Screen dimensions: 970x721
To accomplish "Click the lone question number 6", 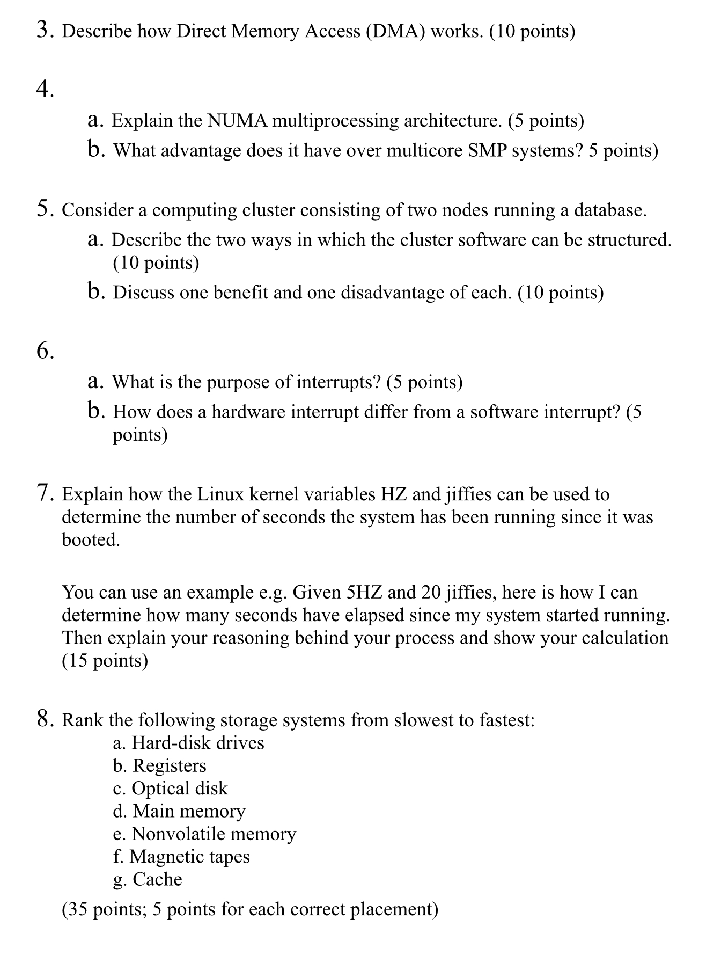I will pyautogui.click(x=45, y=351).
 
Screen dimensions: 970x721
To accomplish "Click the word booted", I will pyautogui.click(x=91, y=539).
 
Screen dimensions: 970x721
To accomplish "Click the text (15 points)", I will pyautogui.click(x=105, y=660).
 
